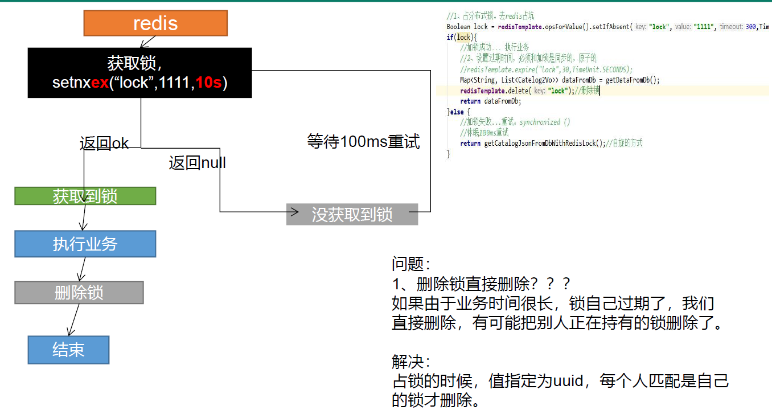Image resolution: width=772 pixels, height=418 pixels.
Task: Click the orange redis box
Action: click(155, 23)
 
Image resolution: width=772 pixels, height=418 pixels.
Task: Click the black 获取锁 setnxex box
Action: click(139, 72)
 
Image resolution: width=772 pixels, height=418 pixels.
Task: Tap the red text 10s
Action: click(208, 83)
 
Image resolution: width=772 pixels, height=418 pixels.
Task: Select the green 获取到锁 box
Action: click(85, 196)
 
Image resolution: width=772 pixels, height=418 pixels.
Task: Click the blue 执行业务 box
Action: click(85, 244)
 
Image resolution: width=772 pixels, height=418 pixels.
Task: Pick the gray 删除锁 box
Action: click(79, 293)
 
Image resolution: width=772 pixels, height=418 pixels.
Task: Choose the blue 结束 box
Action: click(68, 350)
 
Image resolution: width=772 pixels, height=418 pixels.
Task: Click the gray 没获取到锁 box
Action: click(352, 214)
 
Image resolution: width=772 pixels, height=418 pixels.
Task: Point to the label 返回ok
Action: click(104, 144)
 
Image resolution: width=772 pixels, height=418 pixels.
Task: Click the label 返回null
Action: click(197, 163)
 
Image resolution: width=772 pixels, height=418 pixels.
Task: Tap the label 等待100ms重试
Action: click(363, 141)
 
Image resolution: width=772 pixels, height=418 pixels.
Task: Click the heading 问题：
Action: click(411, 264)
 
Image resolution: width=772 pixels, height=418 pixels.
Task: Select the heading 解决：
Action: click(411, 362)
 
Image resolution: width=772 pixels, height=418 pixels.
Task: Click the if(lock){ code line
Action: click(461, 38)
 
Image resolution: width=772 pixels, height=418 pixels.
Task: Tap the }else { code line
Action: click(459, 112)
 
